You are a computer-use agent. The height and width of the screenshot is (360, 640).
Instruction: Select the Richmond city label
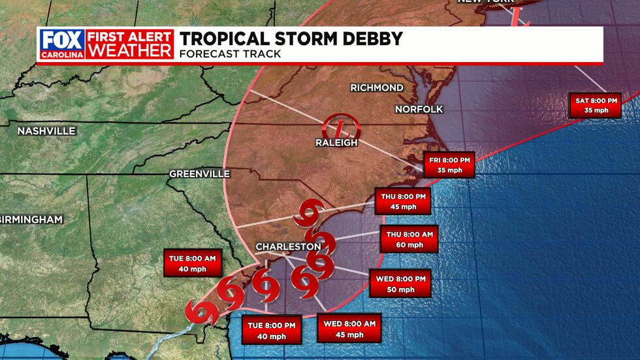coord(376,88)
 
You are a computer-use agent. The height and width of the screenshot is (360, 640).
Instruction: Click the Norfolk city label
coord(419,108)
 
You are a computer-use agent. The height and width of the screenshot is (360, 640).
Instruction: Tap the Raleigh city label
coord(337,142)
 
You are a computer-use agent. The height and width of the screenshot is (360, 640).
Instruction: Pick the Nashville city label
coord(46,131)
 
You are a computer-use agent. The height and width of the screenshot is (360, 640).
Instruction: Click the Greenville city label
coord(199,174)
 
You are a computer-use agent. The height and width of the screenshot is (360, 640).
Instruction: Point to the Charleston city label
coord(288,246)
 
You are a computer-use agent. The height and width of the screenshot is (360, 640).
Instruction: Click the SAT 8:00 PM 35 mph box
coord(594,105)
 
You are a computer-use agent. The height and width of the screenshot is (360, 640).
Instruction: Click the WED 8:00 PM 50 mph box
coord(400,284)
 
